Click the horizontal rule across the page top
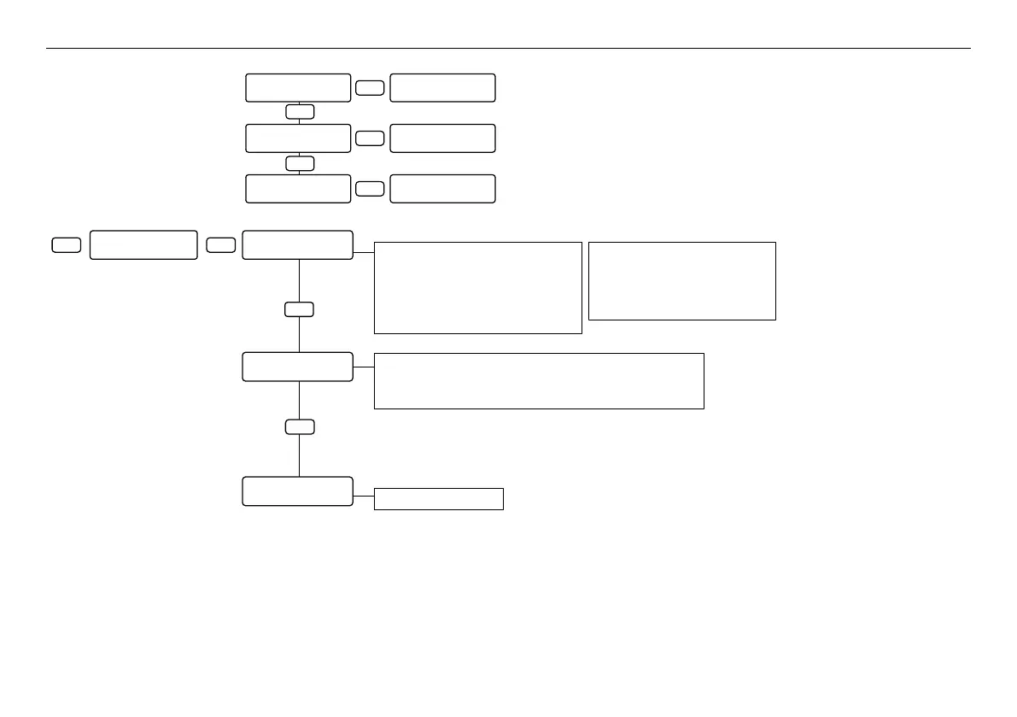click(x=508, y=49)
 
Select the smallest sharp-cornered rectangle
click(x=438, y=499)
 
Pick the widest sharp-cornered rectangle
click(x=539, y=380)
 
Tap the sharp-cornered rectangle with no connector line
click(x=682, y=281)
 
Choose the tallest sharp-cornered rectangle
click(x=477, y=287)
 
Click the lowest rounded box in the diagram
click(x=297, y=491)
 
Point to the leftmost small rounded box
click(x=67, y=245)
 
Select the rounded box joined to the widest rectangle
click(x=297, y=367)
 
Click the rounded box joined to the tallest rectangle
click(x=297, y=244)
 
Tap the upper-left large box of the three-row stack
click(x=298, y=88)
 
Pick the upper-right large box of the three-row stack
click(x=442, y=88)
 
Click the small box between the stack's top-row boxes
click(x=370, y=88)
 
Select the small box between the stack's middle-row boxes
click(x=370, y=138)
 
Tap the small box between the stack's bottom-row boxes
click(x=370, y=189)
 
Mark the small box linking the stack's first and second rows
click(x=300, y=112)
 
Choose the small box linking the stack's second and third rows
click(x=300, y=162)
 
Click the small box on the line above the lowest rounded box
click(x=300, y=427)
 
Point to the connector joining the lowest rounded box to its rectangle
click(x=364, y=495)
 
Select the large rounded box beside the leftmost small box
click(x=143, y=244)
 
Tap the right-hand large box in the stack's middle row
click(x=442, y=138)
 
